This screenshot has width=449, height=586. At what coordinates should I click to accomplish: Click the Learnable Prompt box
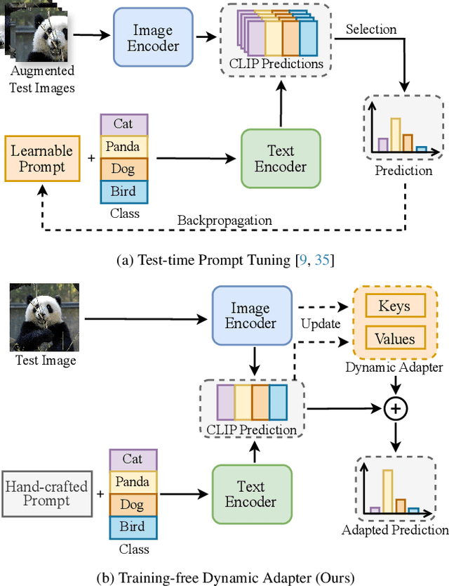[41, 159]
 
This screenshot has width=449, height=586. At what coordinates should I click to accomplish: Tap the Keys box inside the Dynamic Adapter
[394, 306]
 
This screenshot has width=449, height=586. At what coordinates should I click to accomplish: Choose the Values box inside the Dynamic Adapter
[394, 339]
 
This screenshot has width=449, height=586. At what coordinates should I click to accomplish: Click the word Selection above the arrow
[371, 30]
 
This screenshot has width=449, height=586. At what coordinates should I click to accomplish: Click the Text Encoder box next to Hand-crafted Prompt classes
[250, 494]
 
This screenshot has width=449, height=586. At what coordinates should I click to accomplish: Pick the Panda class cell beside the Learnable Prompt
[124, 147]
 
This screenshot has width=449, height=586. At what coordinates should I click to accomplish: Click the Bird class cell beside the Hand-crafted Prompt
[133, 526]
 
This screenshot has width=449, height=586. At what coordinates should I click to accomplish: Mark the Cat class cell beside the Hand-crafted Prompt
[133, 459]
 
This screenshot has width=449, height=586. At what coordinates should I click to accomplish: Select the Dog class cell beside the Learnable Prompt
[124, 169]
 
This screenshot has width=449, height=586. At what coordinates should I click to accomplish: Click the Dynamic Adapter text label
[394, 366]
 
